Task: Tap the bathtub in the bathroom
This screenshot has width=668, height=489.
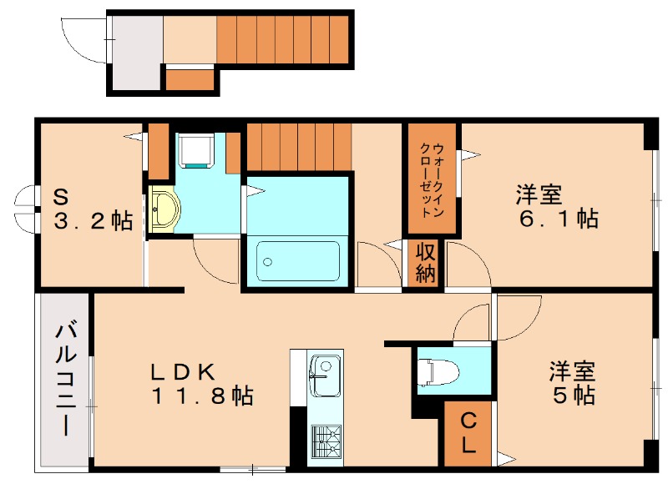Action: (x=298, y=261)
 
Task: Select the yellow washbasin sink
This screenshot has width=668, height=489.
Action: (x=162, y=210)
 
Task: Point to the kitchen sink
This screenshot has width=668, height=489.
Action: (x=324, y=372)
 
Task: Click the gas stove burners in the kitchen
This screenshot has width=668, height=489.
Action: (x=326, y=440)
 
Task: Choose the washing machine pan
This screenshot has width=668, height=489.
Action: (x=198, y=151)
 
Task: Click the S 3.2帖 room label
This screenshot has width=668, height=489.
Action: (x=93, y=210)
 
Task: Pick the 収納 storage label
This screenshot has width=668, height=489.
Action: (x=425, y=262)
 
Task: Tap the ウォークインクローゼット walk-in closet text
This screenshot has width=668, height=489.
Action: (x=430, y=178)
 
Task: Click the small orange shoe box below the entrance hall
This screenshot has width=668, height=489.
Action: (x=190, y=80)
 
